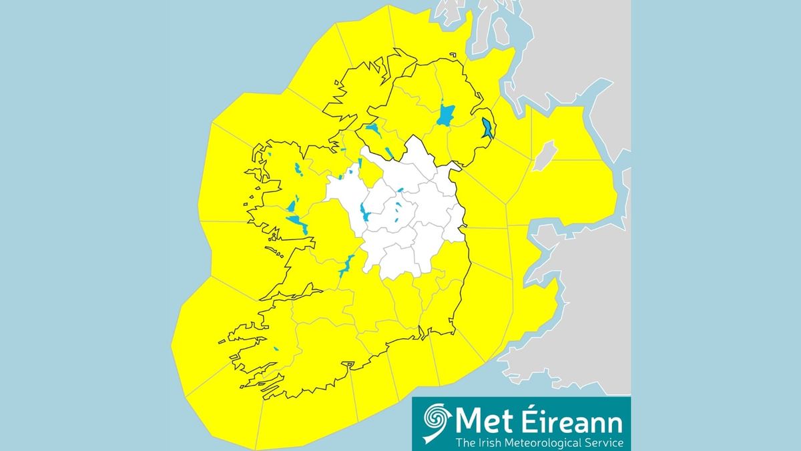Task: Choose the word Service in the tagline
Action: [603, 442]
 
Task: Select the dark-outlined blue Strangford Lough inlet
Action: [487, 127]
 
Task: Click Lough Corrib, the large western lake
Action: [296, 222]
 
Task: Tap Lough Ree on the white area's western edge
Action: [364, 212]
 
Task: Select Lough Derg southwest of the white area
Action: [346, 266]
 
